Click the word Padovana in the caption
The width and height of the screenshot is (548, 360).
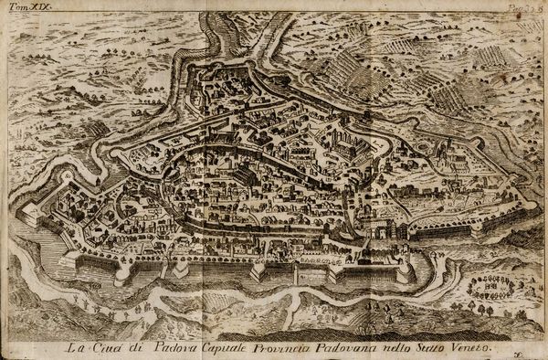(352, 347)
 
